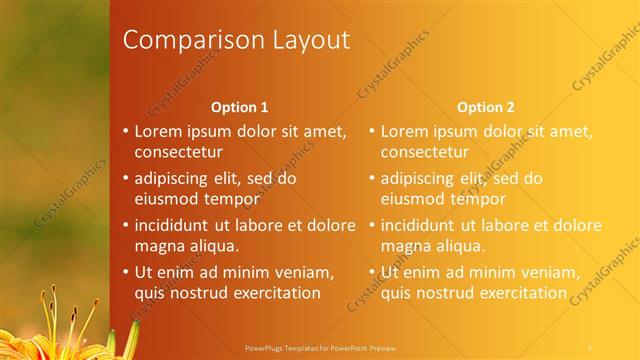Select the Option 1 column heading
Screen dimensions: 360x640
(x=240, y=107)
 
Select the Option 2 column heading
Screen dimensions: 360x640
(x=487, y=107)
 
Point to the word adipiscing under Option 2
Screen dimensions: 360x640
(x=419, y=178)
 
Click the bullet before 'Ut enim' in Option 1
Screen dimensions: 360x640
(x=124, y=272)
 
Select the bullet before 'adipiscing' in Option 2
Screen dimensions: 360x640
(x=371, y=178)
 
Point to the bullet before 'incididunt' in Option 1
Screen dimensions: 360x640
(x=124, y=225)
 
